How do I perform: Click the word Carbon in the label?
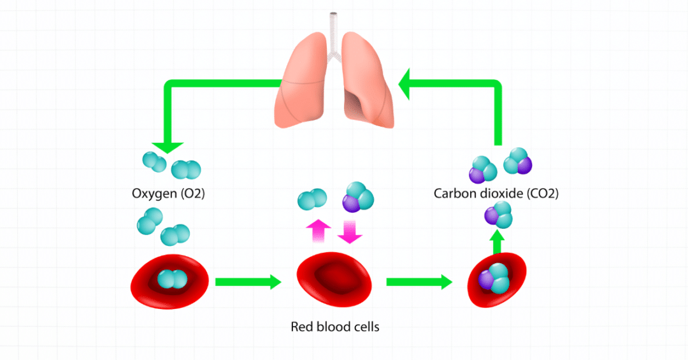click(x=453, y=193)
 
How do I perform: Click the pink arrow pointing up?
click(x=318, y=231)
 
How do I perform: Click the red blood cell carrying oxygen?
click(x=170, y=281)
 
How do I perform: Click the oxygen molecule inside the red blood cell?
click(x=170, y=279)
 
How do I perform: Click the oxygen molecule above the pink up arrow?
click(x=312, y=199)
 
